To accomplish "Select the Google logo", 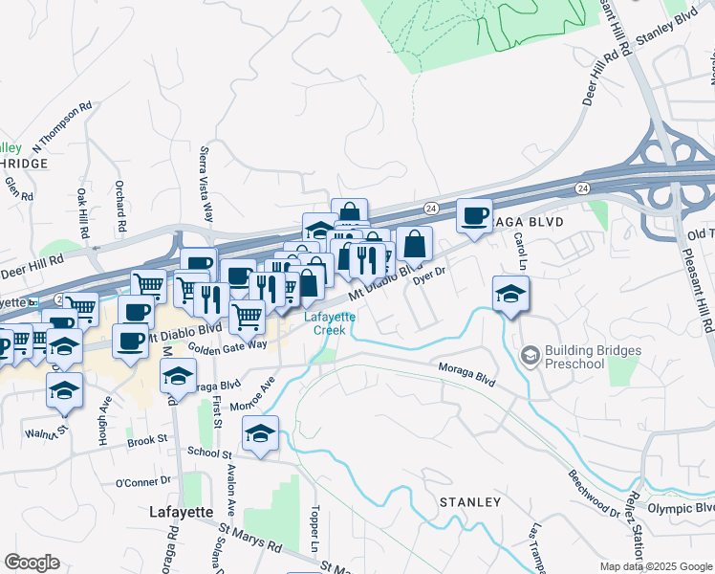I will [x=32, y=563].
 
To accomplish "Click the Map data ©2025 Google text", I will [x=656, y=566].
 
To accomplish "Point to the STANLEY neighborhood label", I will [x=469, y=501].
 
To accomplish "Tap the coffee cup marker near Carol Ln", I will [x=474, y=216].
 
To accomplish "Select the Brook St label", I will [x=147, y=441].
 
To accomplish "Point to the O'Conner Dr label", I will [x=142, y=482].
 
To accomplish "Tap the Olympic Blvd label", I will [x=682, y=509].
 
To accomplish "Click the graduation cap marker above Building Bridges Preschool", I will [x=511, y=293].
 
